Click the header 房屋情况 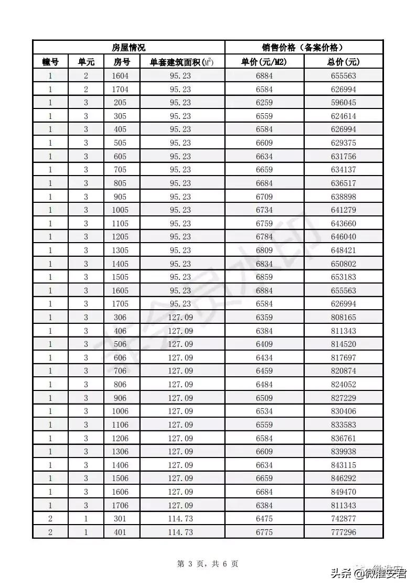[x=129, y=47]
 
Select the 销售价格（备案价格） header [x=304, y=47]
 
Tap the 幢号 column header [x=50, y=62]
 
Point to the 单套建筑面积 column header [x=182, y=62]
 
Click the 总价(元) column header [x=343, y=62]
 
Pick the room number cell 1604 [x=120, y=75]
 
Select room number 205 [x=120, y=103]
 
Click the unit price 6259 [x=264, y=103]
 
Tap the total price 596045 [x=343, y=103]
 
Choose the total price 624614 [x=343, y=116]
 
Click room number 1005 [x=120, y=210]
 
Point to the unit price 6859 [x=264, y=277]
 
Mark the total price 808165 [x=343, y=318]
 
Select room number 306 [x=120, y=318]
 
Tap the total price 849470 [x=343, y=492]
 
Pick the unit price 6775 [x=264, y=532]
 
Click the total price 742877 [x=343, y=519]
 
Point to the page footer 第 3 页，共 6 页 [x=208, y=564]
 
